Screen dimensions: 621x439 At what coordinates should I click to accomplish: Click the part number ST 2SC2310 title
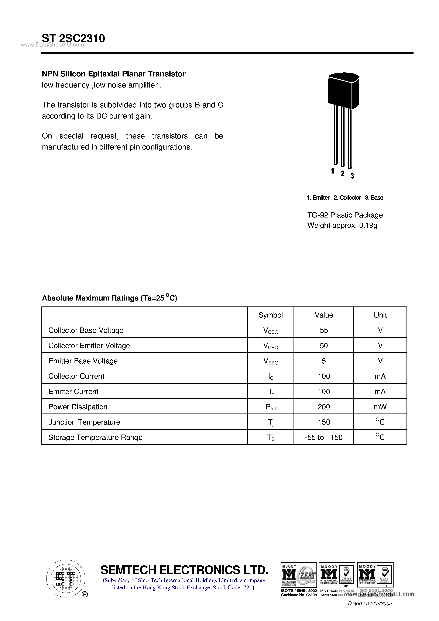(73, 38)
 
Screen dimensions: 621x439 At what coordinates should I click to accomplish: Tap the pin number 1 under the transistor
(332, 171)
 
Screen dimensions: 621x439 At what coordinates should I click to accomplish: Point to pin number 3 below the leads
(352, 176)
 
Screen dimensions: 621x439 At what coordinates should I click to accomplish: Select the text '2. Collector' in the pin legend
(347, 198)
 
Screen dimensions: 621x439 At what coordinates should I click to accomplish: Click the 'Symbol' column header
(271, 315)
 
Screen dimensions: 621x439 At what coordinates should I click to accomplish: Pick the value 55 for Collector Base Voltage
(323, 330)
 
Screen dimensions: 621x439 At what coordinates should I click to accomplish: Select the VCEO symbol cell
(271, 346)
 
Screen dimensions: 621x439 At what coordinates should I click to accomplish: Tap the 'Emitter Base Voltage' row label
(83, 361)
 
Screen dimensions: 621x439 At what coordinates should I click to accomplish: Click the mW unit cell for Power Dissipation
(380, 407)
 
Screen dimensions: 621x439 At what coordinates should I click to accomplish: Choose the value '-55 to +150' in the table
(323, 437)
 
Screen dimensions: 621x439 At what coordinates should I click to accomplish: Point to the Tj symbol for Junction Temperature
(271, 422)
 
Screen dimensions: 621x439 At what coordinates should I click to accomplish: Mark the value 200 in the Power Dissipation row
(323, 407)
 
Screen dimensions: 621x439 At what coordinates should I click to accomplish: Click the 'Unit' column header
(380, 315)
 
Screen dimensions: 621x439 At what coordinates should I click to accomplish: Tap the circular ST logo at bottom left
(65, 578)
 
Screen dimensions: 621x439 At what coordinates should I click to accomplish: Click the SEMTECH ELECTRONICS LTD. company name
(184, 570)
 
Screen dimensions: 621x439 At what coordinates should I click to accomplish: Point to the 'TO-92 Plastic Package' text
(345, 215)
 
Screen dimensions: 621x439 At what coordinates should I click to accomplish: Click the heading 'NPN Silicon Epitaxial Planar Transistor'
(114, 74)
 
